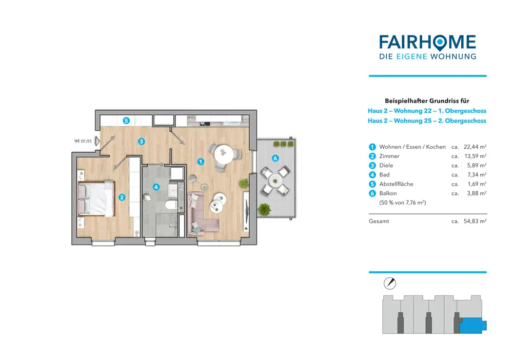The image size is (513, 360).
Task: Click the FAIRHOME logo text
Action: pyautogui.click(x=427, y=42)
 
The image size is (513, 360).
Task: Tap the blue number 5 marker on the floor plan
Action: pyautogui.click(x=126, y=121)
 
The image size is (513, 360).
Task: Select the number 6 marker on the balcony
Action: pyautogui.click(x=275, y=158)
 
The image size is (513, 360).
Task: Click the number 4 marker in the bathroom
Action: pyautogui.click(x=156, y=187)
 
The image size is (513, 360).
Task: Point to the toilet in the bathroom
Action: pyautogui.click(x=170, y=205)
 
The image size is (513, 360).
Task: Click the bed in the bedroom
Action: pyautogui.click(x=95, y=198)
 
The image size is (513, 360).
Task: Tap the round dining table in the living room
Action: pyautogui.click(x=224, y=152)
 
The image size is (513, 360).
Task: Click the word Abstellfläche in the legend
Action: pyautogui.click(x=396, y=184)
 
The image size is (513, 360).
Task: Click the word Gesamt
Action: pyautogui.click(x=379, y=221)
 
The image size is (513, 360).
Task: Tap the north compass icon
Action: pyautogui.click(x=390, y=283)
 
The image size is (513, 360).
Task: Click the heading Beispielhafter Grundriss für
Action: pyautogui.click(x=427, y=101)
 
